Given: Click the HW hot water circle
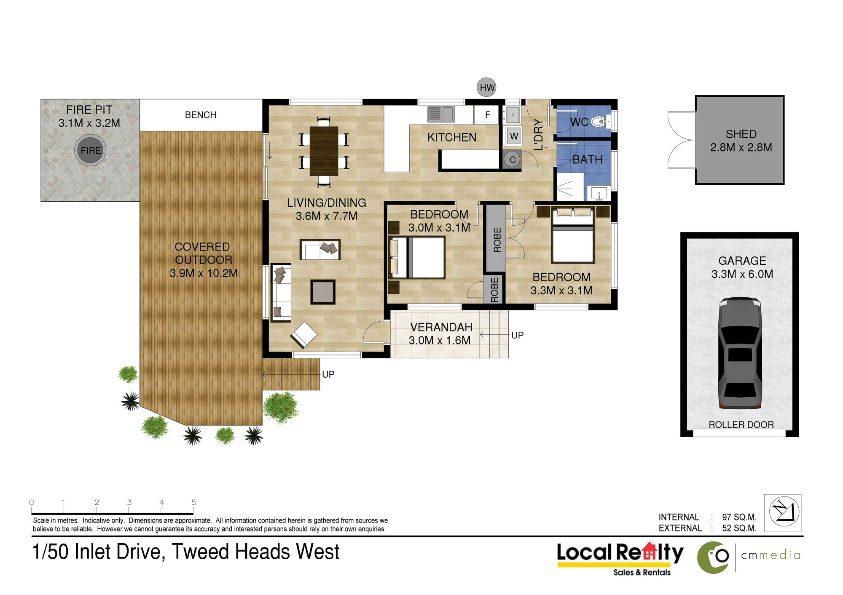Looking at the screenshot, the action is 486,87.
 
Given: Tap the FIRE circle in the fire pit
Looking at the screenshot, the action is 90,150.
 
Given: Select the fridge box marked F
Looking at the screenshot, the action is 487,115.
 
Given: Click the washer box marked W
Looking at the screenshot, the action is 513,136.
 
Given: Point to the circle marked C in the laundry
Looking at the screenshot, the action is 513,160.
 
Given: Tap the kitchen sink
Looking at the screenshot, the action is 440,114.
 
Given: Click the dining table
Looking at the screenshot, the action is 324,151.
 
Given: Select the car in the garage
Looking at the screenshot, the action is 740,353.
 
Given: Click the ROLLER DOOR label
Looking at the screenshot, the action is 741,424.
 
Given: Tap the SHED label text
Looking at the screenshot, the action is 741,134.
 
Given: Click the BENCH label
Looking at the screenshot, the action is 201,115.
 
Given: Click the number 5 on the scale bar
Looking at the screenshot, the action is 194,502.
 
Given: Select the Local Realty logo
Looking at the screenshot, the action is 620,558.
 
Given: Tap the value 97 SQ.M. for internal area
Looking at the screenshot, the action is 739,517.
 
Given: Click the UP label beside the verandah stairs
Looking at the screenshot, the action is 517,335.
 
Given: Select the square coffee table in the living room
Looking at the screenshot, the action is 323,292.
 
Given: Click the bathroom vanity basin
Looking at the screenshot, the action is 599,194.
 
